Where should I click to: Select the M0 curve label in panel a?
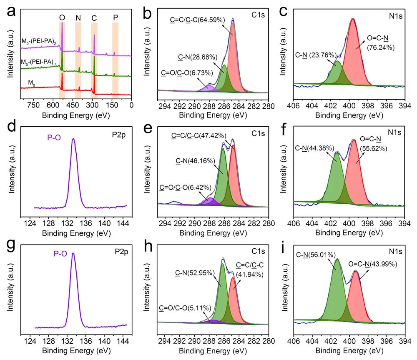[x=31, y=83]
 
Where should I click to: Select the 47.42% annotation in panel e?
[x=199, y=136]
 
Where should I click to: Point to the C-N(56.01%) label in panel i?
[x=315, y=253]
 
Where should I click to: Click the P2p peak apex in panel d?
[x=74, y=139]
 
